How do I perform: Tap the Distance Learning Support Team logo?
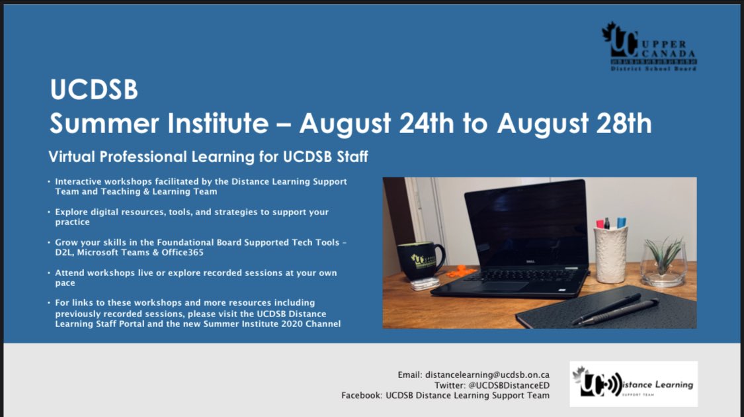tap(633, 384)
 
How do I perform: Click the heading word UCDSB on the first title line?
tap(94, 91)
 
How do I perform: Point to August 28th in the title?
tap(574, 123)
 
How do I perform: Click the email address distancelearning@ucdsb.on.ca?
tap(487, 375)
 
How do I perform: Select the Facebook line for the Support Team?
tap(445, 396)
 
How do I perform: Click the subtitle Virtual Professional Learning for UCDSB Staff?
tap(208, 157)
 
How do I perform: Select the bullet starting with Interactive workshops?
tap(200, 186)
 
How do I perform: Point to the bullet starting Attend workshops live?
tap(195, 277)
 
